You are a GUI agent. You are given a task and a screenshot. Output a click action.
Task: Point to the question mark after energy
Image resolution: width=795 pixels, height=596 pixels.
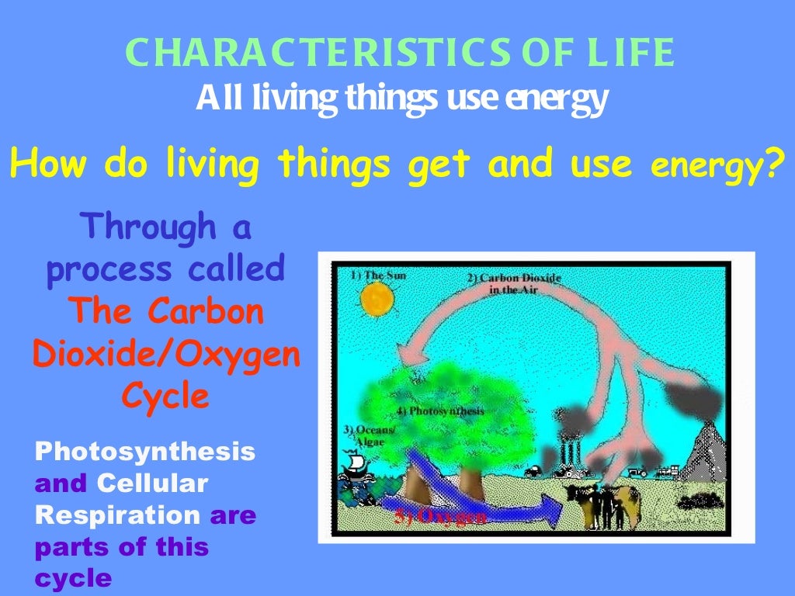coord(769,164)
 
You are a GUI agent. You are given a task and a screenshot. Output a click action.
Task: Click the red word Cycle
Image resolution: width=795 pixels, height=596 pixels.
coord(165,397)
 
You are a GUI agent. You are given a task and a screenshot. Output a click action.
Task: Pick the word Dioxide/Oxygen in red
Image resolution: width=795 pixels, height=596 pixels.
coord(165,355)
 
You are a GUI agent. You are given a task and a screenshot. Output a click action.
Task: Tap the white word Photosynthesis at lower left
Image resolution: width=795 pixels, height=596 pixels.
coord(144,451)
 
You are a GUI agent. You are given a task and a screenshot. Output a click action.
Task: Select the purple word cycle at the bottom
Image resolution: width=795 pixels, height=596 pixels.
coord(73,578)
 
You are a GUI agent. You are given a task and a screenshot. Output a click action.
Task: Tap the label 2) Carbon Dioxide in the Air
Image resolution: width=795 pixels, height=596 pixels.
coord(513,283)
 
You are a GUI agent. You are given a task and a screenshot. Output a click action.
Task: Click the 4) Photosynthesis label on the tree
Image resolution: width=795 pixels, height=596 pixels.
coord(439,411)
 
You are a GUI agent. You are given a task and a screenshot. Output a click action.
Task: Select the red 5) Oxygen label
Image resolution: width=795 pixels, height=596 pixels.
coord(439,517)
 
